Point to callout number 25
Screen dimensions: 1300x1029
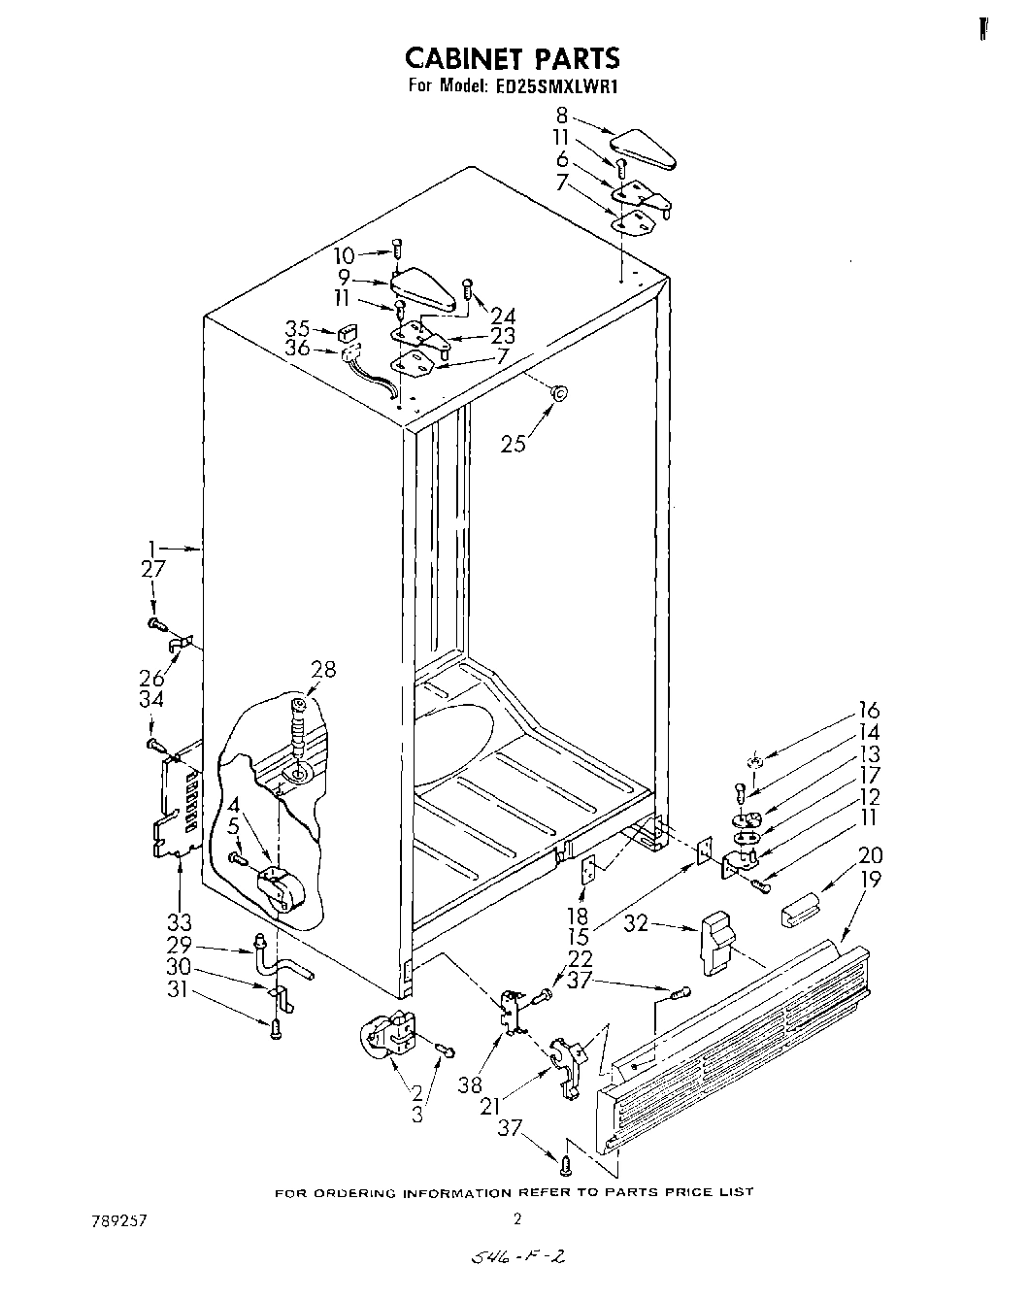[x=514, y=444]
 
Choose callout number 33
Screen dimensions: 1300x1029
[x=179, y=920]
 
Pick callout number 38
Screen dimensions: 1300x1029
[x=470, y=1083]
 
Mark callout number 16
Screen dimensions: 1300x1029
[x=868, y=711]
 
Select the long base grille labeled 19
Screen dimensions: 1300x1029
[x=738, y=1029]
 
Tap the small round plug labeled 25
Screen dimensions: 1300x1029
[x=559, y=392]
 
